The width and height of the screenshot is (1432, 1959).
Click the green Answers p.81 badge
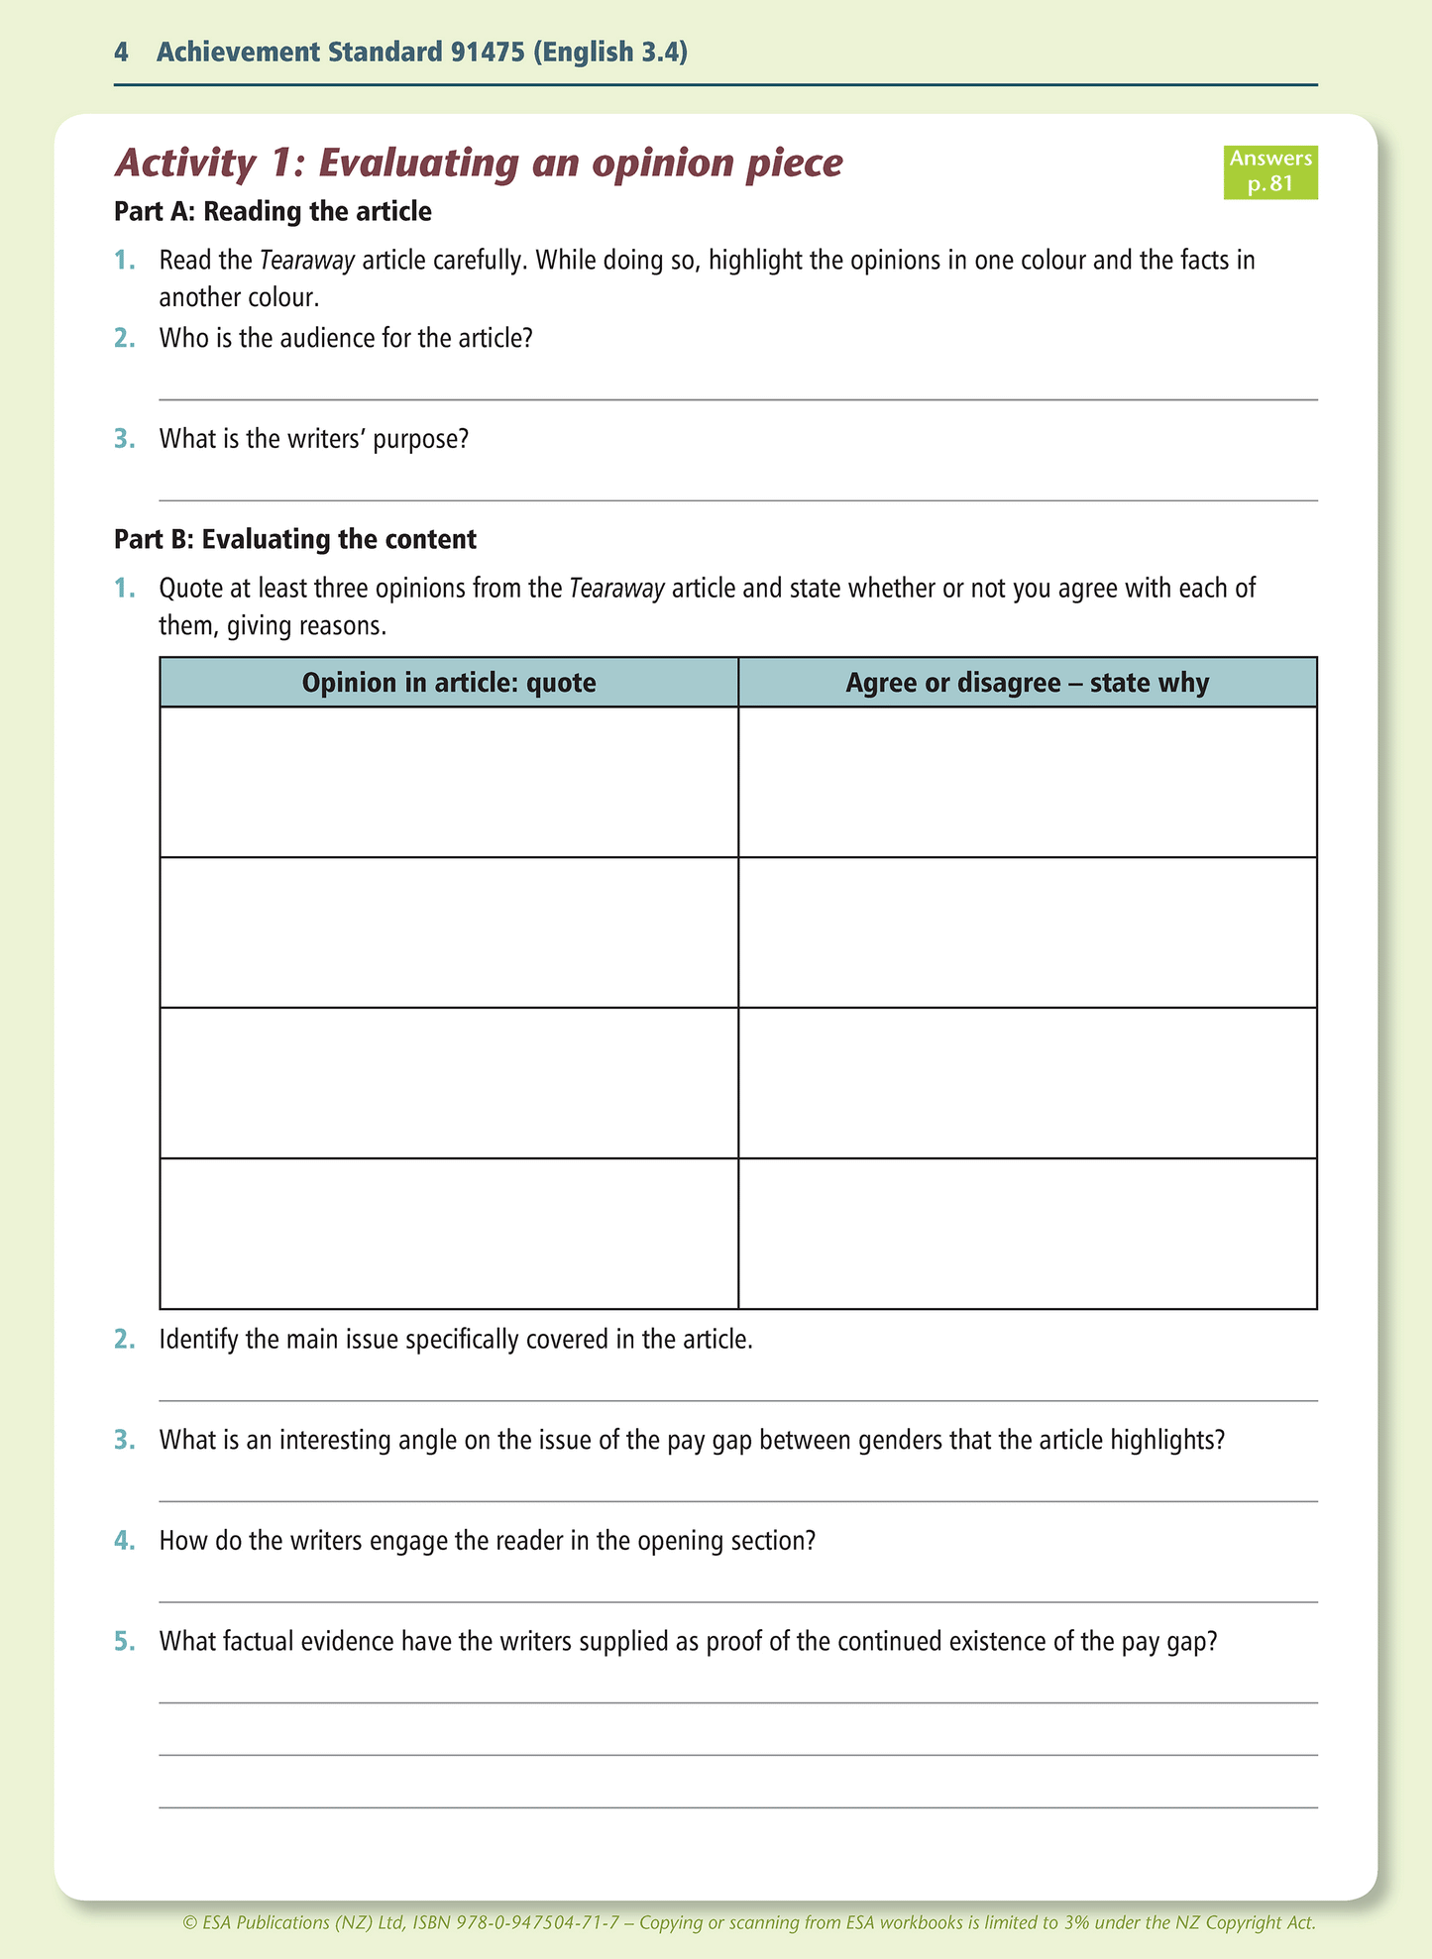pos(1269,171)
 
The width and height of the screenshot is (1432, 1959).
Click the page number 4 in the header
pos(121,53)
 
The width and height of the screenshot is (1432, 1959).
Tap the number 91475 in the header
pos(487,53)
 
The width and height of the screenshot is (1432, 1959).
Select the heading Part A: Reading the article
pos(273,211)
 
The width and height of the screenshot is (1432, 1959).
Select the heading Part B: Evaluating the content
pos(295,539)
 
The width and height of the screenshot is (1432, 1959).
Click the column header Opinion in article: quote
pos(449,683)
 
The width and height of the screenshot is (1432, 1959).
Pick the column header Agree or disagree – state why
pos(1027,683)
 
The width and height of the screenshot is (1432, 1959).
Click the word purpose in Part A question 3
pos(420,438)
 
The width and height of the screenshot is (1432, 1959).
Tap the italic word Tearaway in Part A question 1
pos(307,261)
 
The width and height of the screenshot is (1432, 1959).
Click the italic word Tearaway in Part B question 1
pos(616,589)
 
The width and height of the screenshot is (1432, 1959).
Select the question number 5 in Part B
pos(123,1642)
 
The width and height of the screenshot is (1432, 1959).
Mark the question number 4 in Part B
pos(123,1541)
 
